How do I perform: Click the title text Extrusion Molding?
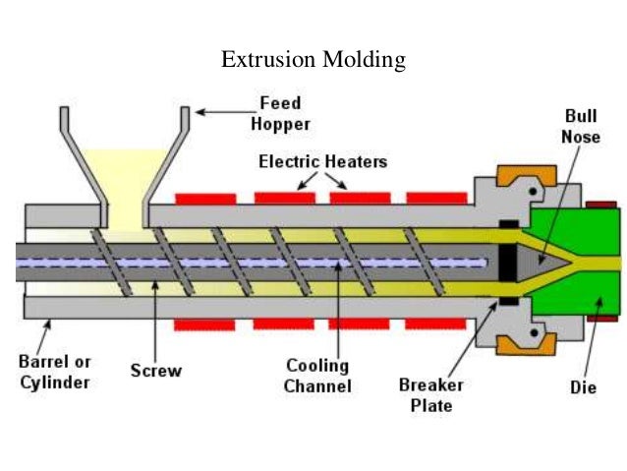pyautogui.click(x=313, y=60)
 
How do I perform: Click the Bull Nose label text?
pyautogui.click(x=580, y=128)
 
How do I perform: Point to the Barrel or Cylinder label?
pyautogui.click(x=56, y=372)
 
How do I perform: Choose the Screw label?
pyautogui.click(x=156, y=372)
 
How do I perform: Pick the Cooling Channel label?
pyautogui.click(x=317, y=376)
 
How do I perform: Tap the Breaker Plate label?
pyautogui.click(x=430, y=394)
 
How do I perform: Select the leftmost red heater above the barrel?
pyautogui.click(x=205, y=199)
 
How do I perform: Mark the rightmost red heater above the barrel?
pyautogui.click(x=435, y=199)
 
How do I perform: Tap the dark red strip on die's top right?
pyautogui.click(x=600, y=205)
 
